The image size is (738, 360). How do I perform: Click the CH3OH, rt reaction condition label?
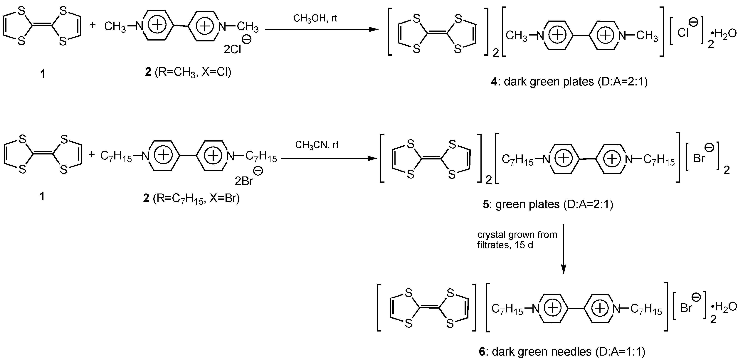[315, 18]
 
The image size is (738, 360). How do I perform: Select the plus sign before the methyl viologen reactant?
[92, 25]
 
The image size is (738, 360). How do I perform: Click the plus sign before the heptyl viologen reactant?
[92, 155]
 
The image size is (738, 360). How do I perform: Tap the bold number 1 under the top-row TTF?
[43, 74]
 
